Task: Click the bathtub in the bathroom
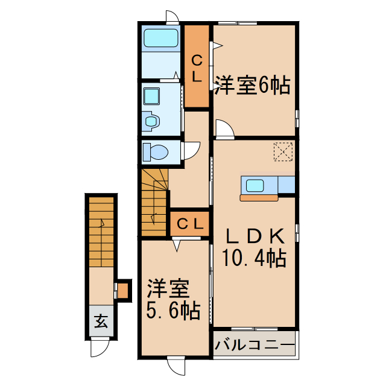click(161, 39)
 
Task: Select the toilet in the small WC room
click(154, 153)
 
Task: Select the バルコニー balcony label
click(255, 346)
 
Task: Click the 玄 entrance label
click(101, 322)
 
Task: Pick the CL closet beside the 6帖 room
click(197, 66)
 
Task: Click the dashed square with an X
click(282, 151)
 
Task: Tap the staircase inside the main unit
click(154, 202)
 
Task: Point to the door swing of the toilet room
click(192, 150)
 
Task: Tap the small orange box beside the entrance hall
click(123, 291)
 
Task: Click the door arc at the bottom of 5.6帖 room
click(177, 365)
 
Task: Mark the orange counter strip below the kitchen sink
click(259, 197)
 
